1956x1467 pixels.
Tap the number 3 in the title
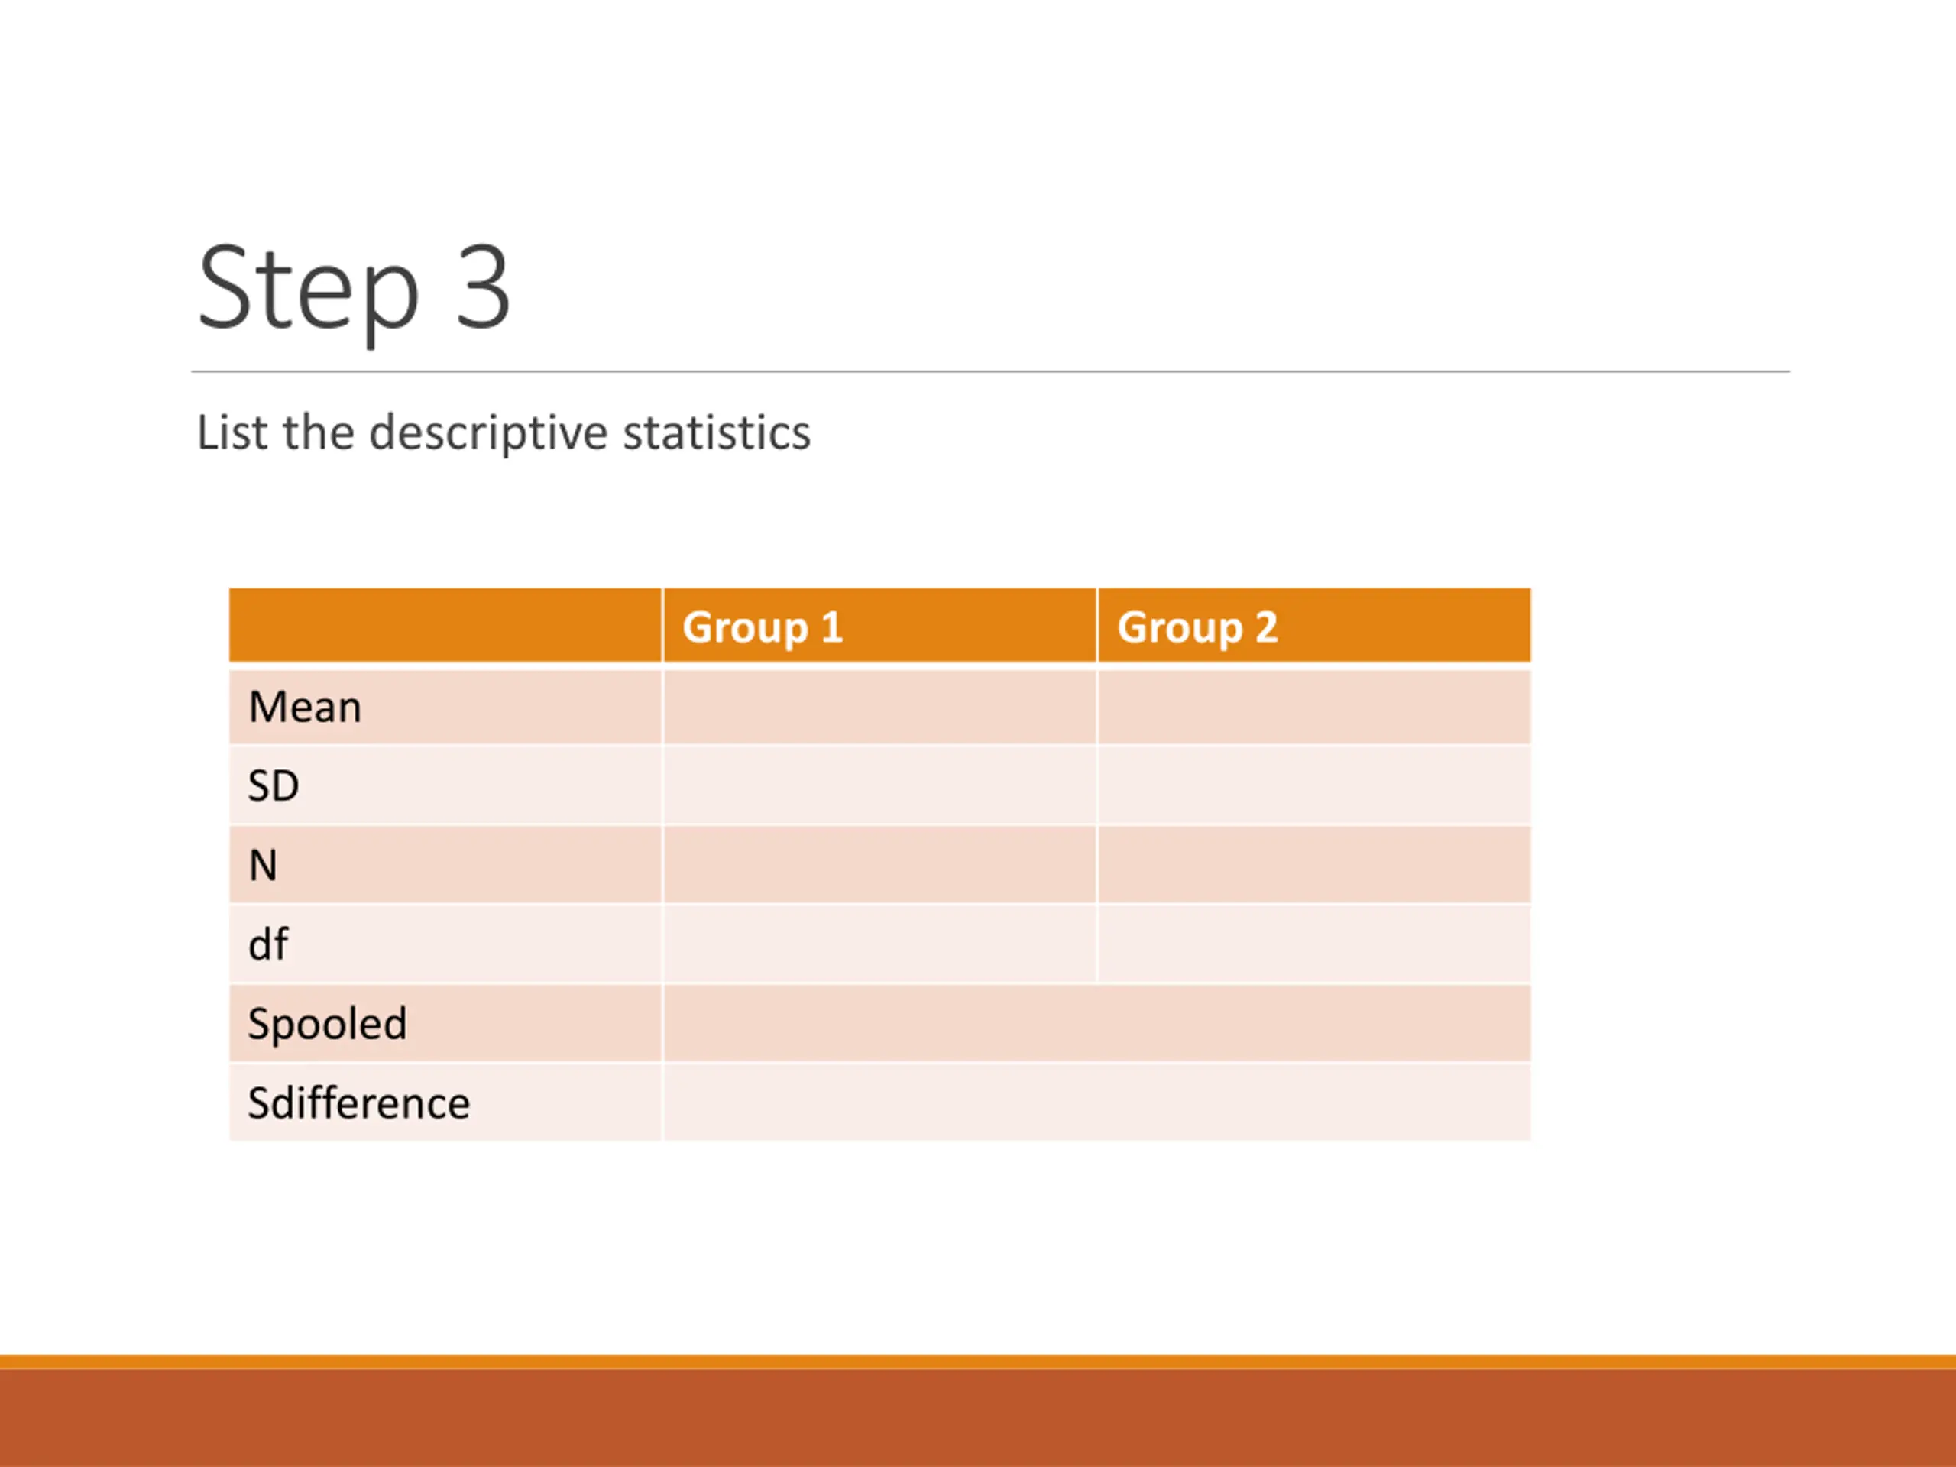[483, 287]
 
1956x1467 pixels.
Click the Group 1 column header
[763, 627]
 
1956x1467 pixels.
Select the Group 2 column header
[1197, 627]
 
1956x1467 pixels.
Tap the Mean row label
[305, 707]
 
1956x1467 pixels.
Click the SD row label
[274, 785]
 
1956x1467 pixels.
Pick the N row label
[264, 865]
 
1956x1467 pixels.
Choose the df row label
[268, 944]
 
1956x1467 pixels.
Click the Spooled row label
[327, 1024]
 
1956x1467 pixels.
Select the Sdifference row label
[359, 1103]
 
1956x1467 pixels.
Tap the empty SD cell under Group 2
[1315, 785]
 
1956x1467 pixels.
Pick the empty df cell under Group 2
[1315, 944]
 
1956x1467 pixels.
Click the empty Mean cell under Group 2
[1315, 707]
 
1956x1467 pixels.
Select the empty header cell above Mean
[445, 625]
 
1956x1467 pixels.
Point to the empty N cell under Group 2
[1315, 865]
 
